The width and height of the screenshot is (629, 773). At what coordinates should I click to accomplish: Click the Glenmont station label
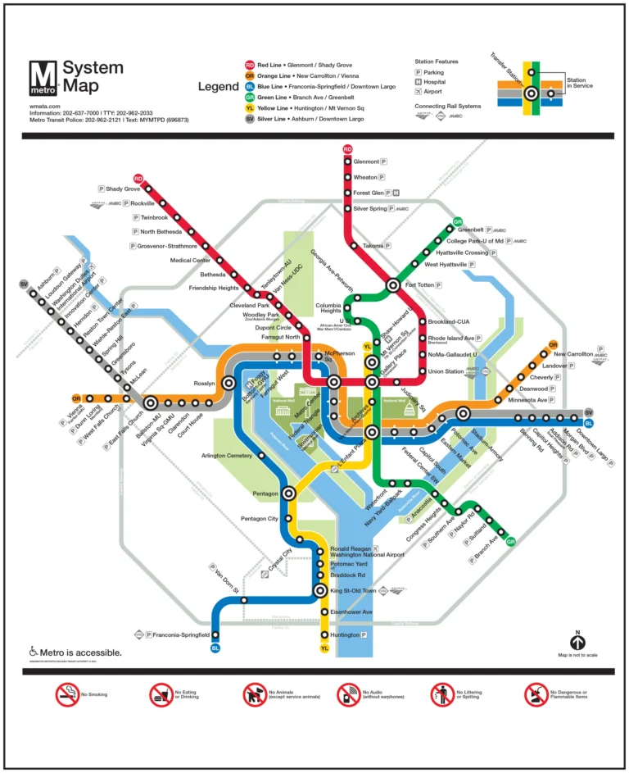[x=366, y=162]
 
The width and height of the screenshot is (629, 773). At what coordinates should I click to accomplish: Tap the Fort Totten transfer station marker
[x=393, y=285]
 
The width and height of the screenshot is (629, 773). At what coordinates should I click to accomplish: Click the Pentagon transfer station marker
[x=288, y=493]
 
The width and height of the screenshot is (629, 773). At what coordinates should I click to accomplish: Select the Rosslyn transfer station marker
[x=229, y=383]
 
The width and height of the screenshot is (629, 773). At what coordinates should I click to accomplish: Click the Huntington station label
[x=344, y=634]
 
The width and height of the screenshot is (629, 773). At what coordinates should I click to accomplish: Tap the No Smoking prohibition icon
[x=66, y=695]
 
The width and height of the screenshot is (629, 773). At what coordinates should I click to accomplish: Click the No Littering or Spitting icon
[x=442, y=695]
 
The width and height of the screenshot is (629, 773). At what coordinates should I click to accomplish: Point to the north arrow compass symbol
[x=577, y=643]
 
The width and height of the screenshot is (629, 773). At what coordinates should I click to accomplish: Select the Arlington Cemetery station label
[x=227, y=456]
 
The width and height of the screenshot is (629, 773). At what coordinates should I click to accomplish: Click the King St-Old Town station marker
[x=320, y=590]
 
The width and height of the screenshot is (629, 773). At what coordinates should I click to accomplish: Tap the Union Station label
[x=446, y=371]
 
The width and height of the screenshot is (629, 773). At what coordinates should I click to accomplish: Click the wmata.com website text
[x=45, y=106]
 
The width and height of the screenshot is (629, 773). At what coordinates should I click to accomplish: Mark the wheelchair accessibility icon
[x=34, y=652]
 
